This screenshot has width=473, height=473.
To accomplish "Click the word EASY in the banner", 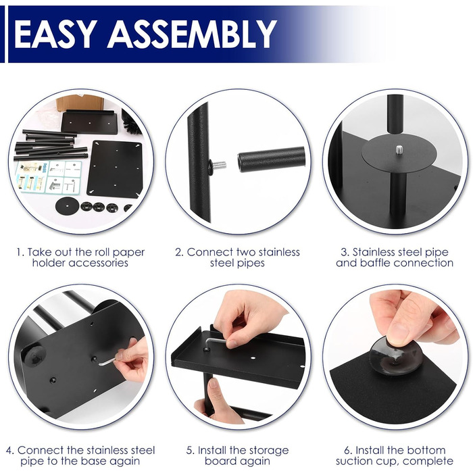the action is tap(55, 34).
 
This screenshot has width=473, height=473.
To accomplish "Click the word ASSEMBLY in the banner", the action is tap(192, 34).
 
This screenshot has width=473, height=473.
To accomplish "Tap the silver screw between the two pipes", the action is tap(220, 165).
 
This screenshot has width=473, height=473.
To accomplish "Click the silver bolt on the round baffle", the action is tap(399, 149).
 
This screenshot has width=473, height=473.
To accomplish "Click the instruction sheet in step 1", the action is tap(48, 176).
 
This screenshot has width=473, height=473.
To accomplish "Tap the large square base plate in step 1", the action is tap(115, 169).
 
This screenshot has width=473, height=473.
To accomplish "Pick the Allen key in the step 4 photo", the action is tap(109, 360).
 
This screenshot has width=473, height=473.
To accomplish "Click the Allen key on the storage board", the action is tap(215, 343).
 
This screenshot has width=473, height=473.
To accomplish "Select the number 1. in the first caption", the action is tap(20, 252).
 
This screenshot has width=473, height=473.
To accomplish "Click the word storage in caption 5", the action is tap(266, 451).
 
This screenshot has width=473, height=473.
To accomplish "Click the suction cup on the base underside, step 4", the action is tap(34, 355).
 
